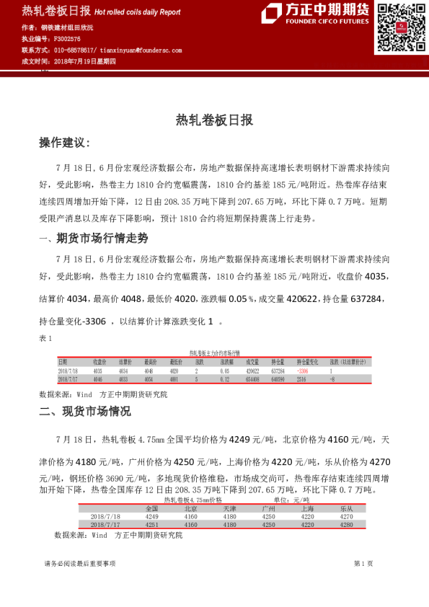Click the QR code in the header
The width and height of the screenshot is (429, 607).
point(399,28)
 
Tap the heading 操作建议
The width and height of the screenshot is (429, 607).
point(64,143)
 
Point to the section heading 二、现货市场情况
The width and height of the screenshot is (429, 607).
point(84,412)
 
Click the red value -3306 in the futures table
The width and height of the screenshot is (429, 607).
point(302,371)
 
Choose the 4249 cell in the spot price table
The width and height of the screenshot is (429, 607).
point(152,516)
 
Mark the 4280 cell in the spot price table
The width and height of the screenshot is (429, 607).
point(346,525)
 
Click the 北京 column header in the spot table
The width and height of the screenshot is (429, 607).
point(191,508)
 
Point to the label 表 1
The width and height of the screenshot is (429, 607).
point(45,339)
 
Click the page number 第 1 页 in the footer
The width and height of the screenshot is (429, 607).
point(363,563)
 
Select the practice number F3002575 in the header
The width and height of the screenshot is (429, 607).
point(69,39)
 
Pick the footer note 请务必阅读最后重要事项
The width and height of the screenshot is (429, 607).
point(80,563)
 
